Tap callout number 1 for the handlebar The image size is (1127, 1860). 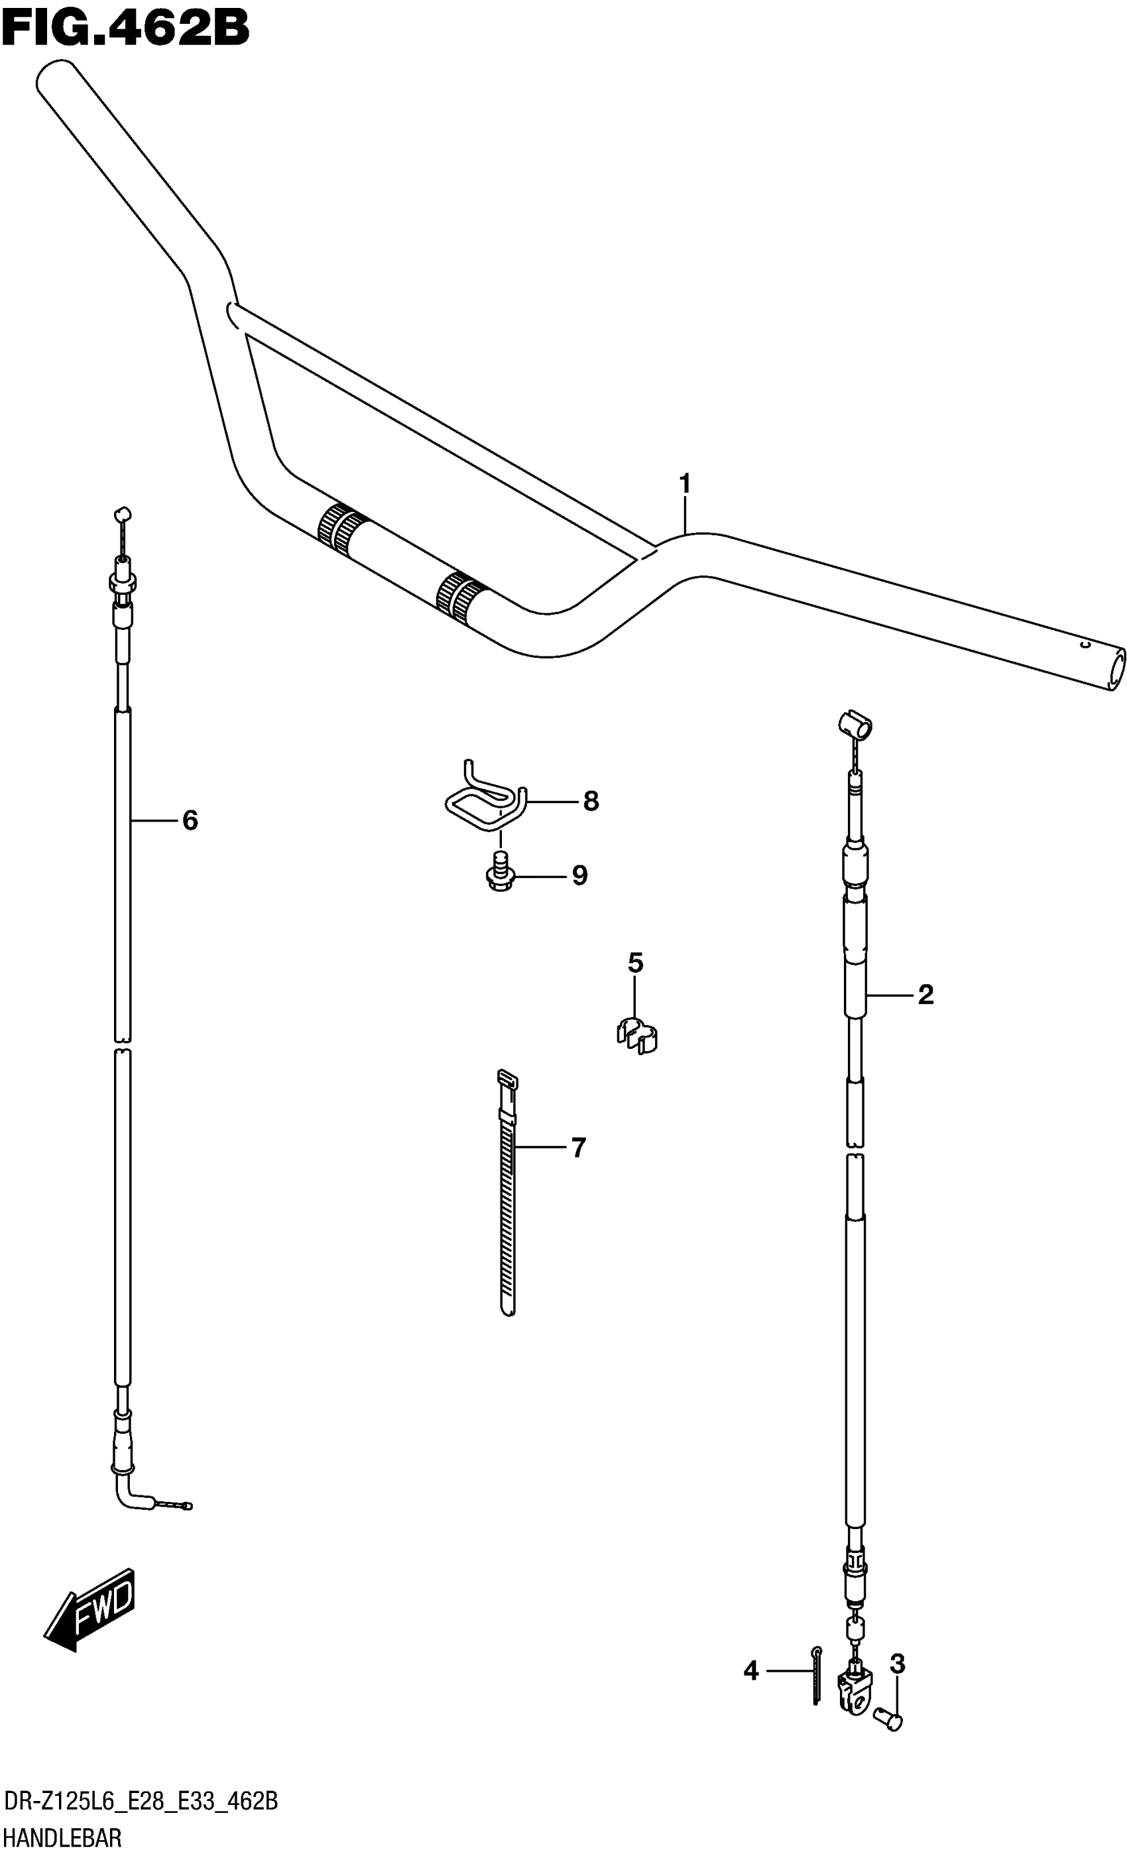685,483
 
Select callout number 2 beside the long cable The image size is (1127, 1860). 925,994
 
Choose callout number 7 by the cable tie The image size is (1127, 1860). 578,1147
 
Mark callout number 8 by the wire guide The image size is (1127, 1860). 590,801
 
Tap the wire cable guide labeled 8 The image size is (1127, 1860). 483,800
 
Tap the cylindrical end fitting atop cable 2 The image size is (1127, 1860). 855,724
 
